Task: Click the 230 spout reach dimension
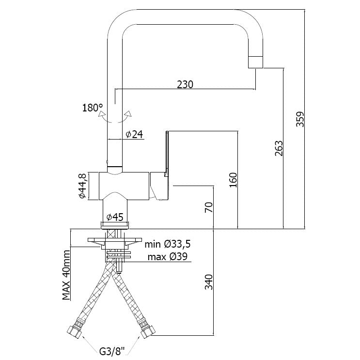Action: click(x=185, y=84)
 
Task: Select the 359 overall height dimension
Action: click(x=300, y=119)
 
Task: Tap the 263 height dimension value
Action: click(x=278, y=148)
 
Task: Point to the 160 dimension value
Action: click(x=233, y=180)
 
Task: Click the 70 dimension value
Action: click(x=208, y=207)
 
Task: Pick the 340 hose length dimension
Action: click(x=208, y=282)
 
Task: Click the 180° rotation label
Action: click(x=92, y=108)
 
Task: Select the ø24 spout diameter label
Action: click(x=134, y=135)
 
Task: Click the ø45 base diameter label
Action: click(x=115, y=216)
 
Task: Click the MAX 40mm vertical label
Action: click(x=67, y=274)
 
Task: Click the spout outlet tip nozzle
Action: click(x=255, y=62)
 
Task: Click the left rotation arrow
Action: click(x=102, y=116)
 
